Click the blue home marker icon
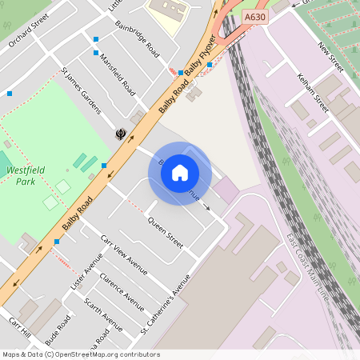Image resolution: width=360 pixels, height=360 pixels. coord(180,173)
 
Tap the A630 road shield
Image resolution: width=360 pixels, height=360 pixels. coord(255,16)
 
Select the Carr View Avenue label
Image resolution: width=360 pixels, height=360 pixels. coord(124,254)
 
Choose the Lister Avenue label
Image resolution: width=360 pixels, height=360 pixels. coord(86,273)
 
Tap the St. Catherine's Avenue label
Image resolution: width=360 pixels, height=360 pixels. coord(166,304)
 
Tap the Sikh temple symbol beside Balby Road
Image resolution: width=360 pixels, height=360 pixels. coord(122,134)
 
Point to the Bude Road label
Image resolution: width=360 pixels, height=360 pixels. coord(58,328)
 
